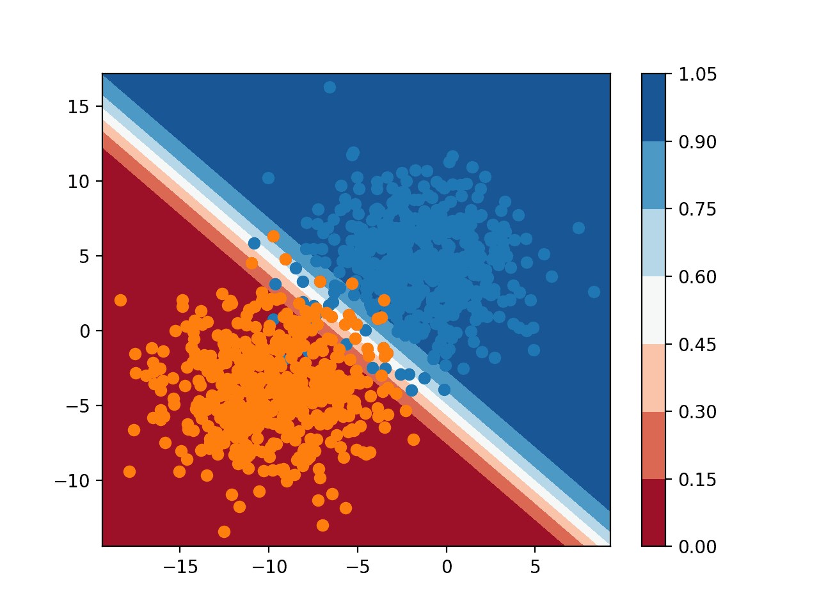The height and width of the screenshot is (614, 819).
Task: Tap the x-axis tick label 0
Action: click(x=447, y=567)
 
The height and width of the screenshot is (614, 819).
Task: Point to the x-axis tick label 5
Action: click(x=536, y=567)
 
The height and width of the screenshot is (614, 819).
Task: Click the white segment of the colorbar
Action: click(x=653, y=310)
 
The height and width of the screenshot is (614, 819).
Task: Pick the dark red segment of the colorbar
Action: click(x=653, y=512)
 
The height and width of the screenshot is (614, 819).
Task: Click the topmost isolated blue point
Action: click(x=330, y=87)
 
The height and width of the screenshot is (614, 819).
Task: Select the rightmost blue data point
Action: click(x=594, y=292)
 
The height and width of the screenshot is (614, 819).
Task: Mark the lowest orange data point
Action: click(x=224, y=531)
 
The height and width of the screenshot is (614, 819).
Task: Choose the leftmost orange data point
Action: click(x=120, y=300)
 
